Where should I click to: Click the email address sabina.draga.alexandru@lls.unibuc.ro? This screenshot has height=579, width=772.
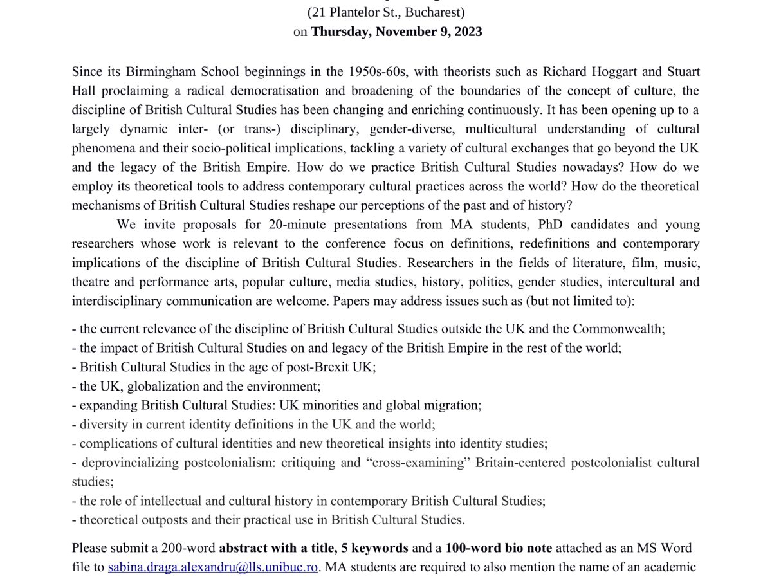coord(213,567)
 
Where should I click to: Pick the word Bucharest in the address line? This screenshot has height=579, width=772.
coord(435,12)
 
